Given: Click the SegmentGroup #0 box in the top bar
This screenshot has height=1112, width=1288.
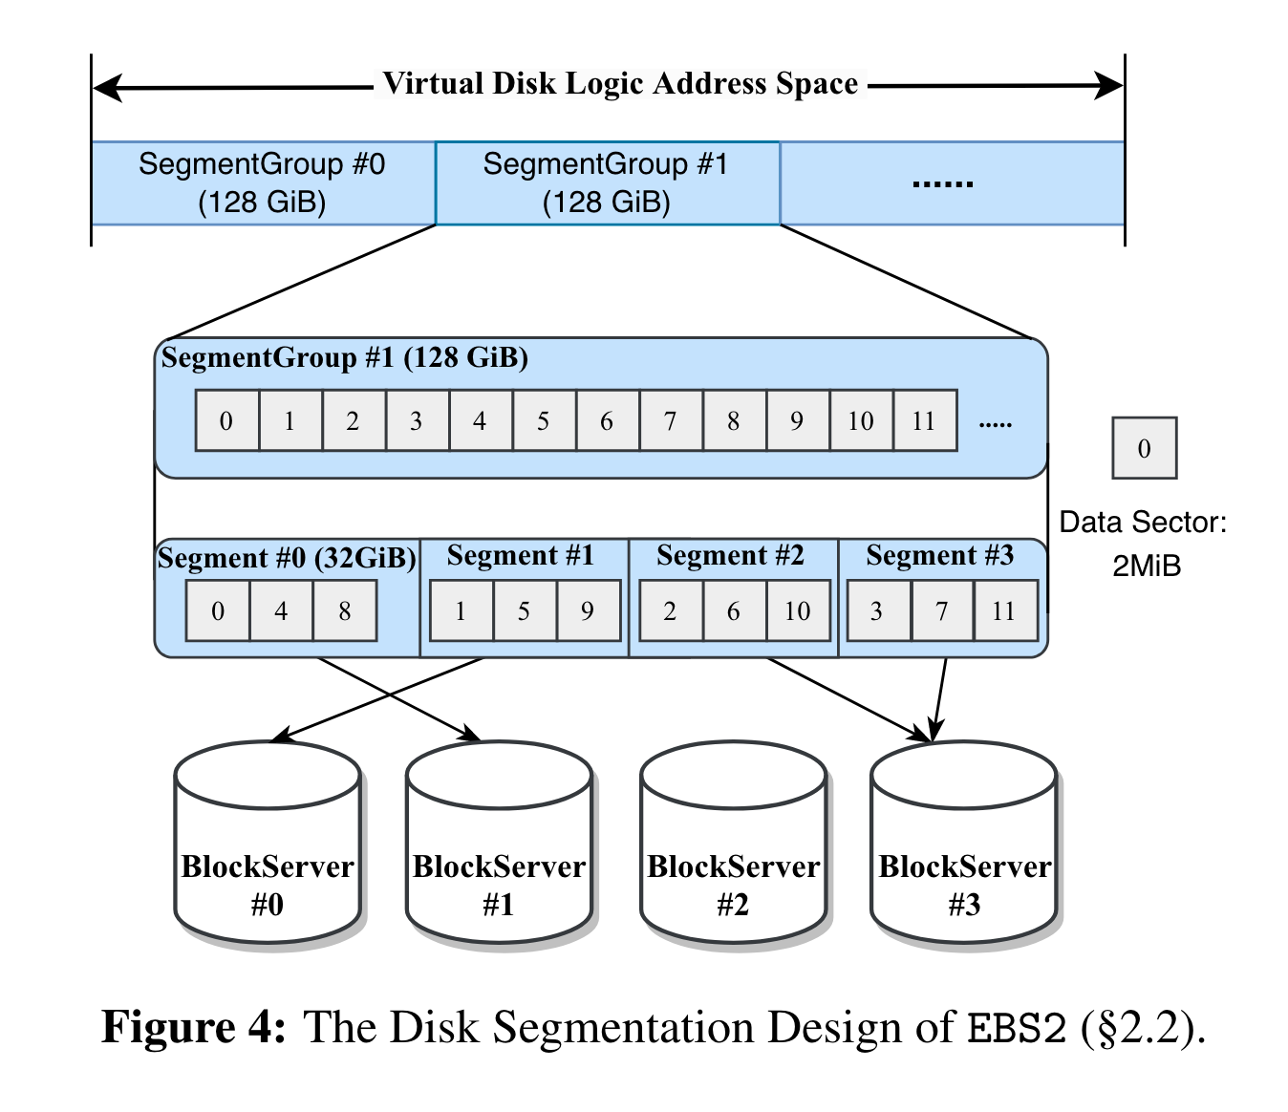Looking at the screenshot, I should (262, 183).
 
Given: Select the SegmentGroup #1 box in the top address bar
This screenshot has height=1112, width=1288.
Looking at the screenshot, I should (607, 183).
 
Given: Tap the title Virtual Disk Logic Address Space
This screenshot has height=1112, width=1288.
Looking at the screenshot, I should (620, 84).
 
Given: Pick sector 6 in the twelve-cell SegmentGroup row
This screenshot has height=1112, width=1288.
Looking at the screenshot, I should (606, 420).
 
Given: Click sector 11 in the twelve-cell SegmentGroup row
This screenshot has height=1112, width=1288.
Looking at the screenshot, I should (924, 420).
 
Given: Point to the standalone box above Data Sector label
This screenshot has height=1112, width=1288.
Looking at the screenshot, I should (1144, 448).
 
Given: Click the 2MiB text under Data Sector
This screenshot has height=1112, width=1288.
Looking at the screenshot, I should (1147, 567).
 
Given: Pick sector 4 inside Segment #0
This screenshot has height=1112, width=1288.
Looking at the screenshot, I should (281, 611).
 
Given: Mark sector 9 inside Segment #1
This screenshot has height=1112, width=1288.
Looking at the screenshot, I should (588, 611).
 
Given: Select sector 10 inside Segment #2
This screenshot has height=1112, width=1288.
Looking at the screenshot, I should (797, 611).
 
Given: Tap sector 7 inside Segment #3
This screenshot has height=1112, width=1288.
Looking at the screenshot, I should (941, 611).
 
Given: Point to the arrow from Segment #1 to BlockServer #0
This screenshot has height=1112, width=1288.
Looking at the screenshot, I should (382, 698).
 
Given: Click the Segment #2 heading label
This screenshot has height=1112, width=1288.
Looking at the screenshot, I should (731, 556).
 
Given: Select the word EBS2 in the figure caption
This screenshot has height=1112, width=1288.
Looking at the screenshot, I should (1017, 1029).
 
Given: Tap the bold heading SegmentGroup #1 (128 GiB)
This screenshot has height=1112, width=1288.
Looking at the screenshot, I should (345, 358).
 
